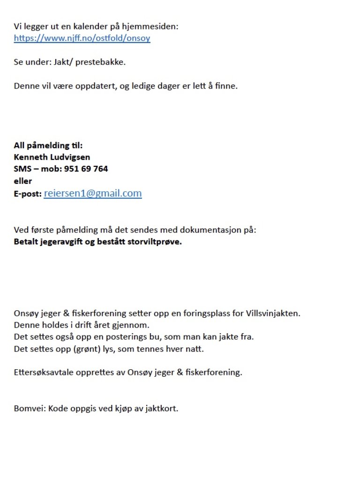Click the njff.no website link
pos(82,38)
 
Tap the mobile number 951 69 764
pos(89,169)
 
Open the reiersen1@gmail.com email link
pos(93,193)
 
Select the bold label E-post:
pos(28,194)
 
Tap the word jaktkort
pos(162,408)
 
